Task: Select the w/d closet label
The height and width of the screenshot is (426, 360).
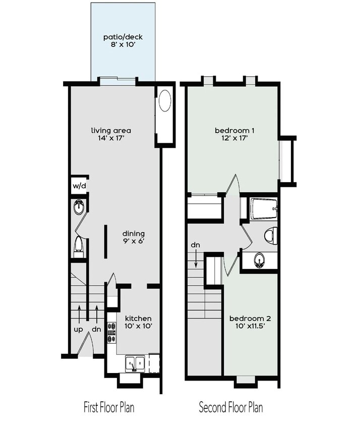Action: click(79, 185)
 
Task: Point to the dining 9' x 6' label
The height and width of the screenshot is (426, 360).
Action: click(134, 237)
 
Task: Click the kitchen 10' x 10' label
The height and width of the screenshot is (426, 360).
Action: click(138, 322)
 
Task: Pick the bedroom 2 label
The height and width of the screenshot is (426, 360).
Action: click(250, 322)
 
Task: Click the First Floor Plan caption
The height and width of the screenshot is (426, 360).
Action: click(109, 407)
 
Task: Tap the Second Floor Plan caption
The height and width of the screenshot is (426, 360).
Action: click(231, 407)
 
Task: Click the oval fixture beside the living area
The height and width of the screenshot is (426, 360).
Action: click(165, 102)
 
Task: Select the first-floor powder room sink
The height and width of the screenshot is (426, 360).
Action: click(79, 207)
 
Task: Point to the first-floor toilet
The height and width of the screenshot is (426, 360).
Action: click(79, 245)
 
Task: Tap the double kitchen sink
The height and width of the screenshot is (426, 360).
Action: click(135, 363)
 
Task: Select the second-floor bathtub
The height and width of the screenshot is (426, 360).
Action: click(263, 208)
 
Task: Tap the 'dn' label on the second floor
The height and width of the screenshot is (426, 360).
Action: click(196, 245)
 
